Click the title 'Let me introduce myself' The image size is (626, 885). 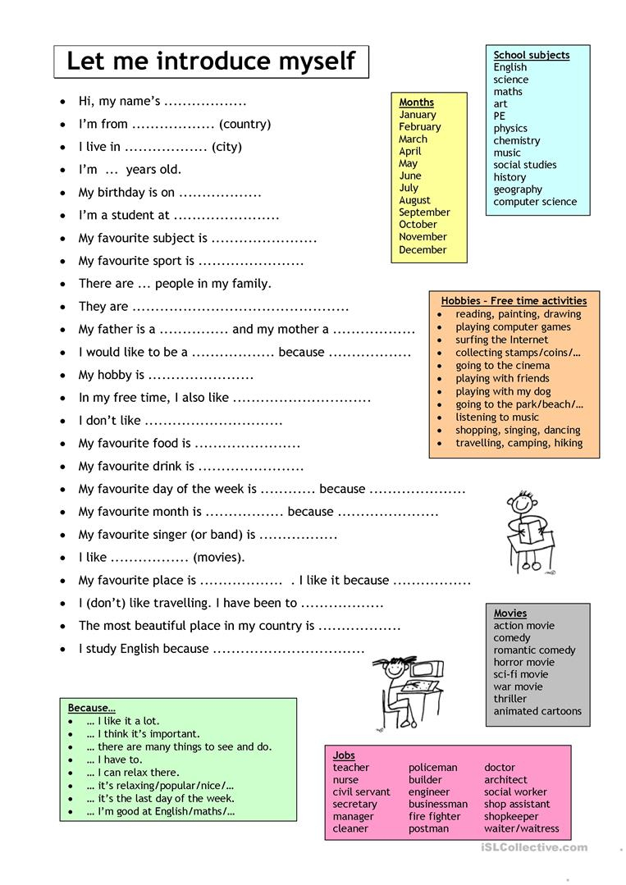[211, 62]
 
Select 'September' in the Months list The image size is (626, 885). [424, 212]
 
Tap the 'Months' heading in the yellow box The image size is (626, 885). [416, 103]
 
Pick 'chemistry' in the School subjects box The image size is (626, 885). [516, 140]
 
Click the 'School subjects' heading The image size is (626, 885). [531, 55]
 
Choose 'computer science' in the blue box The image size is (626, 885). [535, 202]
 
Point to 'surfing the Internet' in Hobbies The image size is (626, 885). [501, 340]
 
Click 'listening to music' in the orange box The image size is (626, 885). [497, 417]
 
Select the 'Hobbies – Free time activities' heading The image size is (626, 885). [514, 301]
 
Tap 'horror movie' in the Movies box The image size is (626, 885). [523, 662]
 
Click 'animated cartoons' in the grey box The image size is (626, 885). [537, 711]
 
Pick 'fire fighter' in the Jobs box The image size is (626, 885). [434, 816]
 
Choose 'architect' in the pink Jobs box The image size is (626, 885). [505, 780]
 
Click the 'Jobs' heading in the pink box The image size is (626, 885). [344, 755]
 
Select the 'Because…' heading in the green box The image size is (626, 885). [91, 708]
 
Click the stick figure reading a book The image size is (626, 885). [523, 532]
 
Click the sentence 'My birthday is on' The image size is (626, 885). [126, 193]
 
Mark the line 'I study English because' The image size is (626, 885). [144, 648]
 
